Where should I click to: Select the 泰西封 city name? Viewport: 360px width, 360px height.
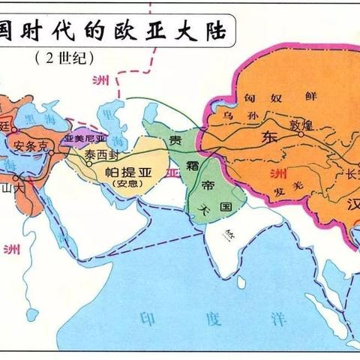[102, 155]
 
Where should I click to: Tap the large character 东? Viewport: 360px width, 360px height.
[269, 139]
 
